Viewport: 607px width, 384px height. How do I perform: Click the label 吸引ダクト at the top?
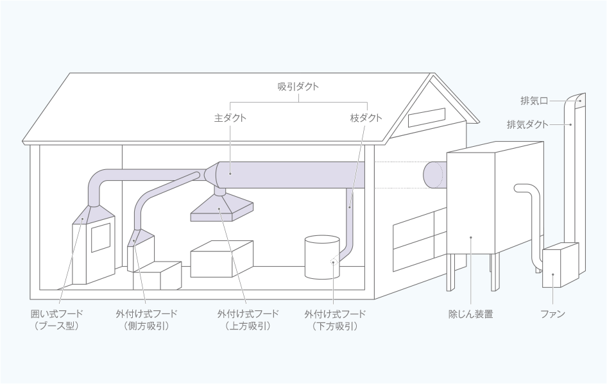point(298,87)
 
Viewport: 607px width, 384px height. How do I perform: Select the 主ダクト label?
point(230,118)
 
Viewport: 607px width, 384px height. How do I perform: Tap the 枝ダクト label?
point(366,118)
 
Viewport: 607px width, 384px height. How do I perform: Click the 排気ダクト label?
point(527,124)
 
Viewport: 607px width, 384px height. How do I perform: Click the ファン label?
point(552,314)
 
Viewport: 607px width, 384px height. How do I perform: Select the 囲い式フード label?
point(57,314)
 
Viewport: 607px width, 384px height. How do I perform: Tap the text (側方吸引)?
point(147,326)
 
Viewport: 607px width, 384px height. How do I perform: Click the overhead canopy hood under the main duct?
point(222,209)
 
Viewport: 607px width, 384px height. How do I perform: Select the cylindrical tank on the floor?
point(321,256)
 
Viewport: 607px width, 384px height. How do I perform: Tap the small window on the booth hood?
point(101,238)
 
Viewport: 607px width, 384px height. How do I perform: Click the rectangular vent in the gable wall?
point(425,117)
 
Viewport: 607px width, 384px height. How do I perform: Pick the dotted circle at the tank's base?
point(334,262)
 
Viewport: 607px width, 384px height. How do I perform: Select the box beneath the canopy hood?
point(221,259)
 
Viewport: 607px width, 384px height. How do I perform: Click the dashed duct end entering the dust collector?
point(434,174)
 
